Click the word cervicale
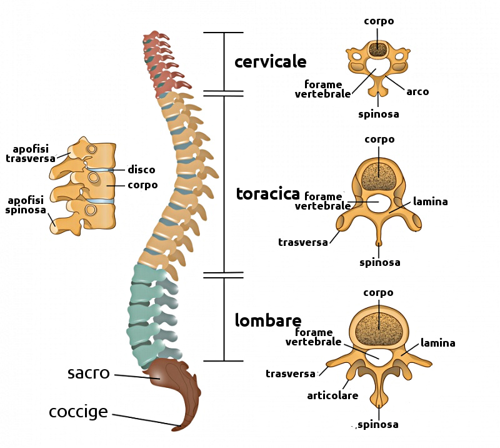270,62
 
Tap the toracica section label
267,194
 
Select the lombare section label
268,320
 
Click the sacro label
88,374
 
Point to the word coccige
78,412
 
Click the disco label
141,170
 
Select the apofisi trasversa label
31,154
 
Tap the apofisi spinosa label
26,205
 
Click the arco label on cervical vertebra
417,91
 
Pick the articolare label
332,395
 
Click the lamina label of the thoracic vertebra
430,201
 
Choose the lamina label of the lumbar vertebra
437,343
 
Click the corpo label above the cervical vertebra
379,21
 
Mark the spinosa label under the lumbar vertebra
378,425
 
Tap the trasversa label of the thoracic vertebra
303,242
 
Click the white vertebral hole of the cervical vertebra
377,66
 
